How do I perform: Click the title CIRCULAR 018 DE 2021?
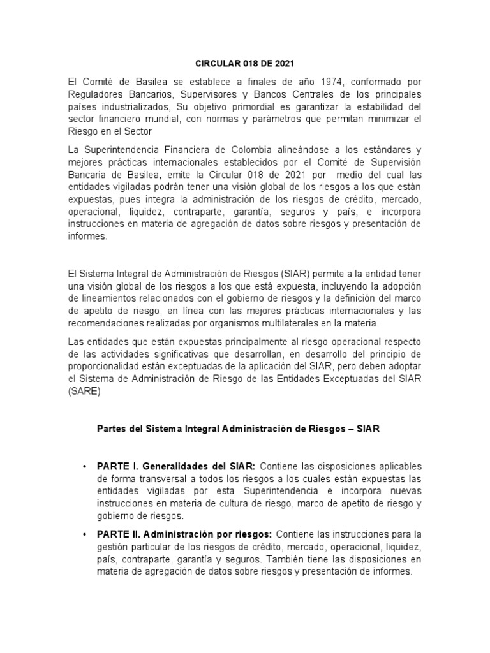pyautogui.click(x=244, y=63)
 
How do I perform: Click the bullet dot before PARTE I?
pyautogui.click(x=85, y=467)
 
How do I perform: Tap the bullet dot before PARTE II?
pyautogui.click(x=85, y=534)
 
